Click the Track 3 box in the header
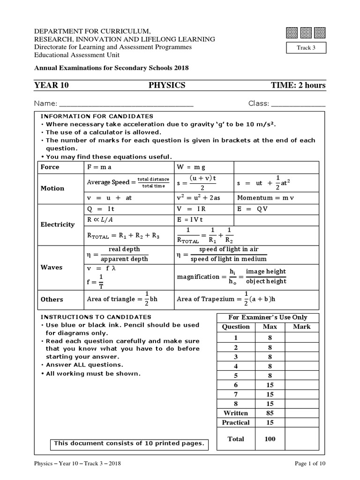click(x=306, y=48)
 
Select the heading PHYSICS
click(x=167, y=85)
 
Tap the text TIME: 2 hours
click(x=298, y=85)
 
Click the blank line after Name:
click(x=126, y=104)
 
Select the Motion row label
click(x=52, y=188)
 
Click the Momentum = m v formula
click(x=265, y=198)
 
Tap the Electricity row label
click(x=57, y=225)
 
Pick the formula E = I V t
click(x=190, y=219)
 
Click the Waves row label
click(x=52, y=267)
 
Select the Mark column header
click(x=301, y=327)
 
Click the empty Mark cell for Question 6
click(x=301, y=384)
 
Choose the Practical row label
click(x=236, y=422)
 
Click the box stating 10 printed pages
click(x=129, y=443)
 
